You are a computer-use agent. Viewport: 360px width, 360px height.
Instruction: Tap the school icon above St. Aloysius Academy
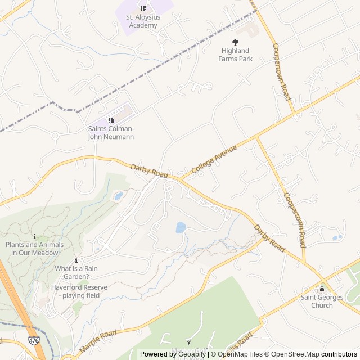143,8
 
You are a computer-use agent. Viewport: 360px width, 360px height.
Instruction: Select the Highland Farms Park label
236,55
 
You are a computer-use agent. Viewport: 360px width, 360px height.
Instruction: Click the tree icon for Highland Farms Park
235,42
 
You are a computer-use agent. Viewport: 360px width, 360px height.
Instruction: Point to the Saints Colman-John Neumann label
111,132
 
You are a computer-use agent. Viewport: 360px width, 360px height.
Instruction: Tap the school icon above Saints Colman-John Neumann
111,120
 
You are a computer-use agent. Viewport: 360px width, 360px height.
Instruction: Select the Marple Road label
98,342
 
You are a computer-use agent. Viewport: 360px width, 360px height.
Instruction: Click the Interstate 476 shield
34,340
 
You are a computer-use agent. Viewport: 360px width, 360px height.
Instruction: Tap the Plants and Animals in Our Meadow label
35,249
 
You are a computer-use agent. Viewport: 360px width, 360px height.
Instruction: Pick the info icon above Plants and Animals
35,237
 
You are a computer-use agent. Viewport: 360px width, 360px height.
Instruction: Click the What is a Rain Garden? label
76,272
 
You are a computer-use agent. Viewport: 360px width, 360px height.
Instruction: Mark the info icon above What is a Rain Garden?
76,260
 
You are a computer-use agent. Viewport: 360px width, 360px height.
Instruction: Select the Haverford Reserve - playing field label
79,291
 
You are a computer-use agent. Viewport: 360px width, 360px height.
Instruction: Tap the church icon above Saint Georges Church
322,289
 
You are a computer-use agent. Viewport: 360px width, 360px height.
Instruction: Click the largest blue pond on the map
181,227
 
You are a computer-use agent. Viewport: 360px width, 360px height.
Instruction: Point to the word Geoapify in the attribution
191,354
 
